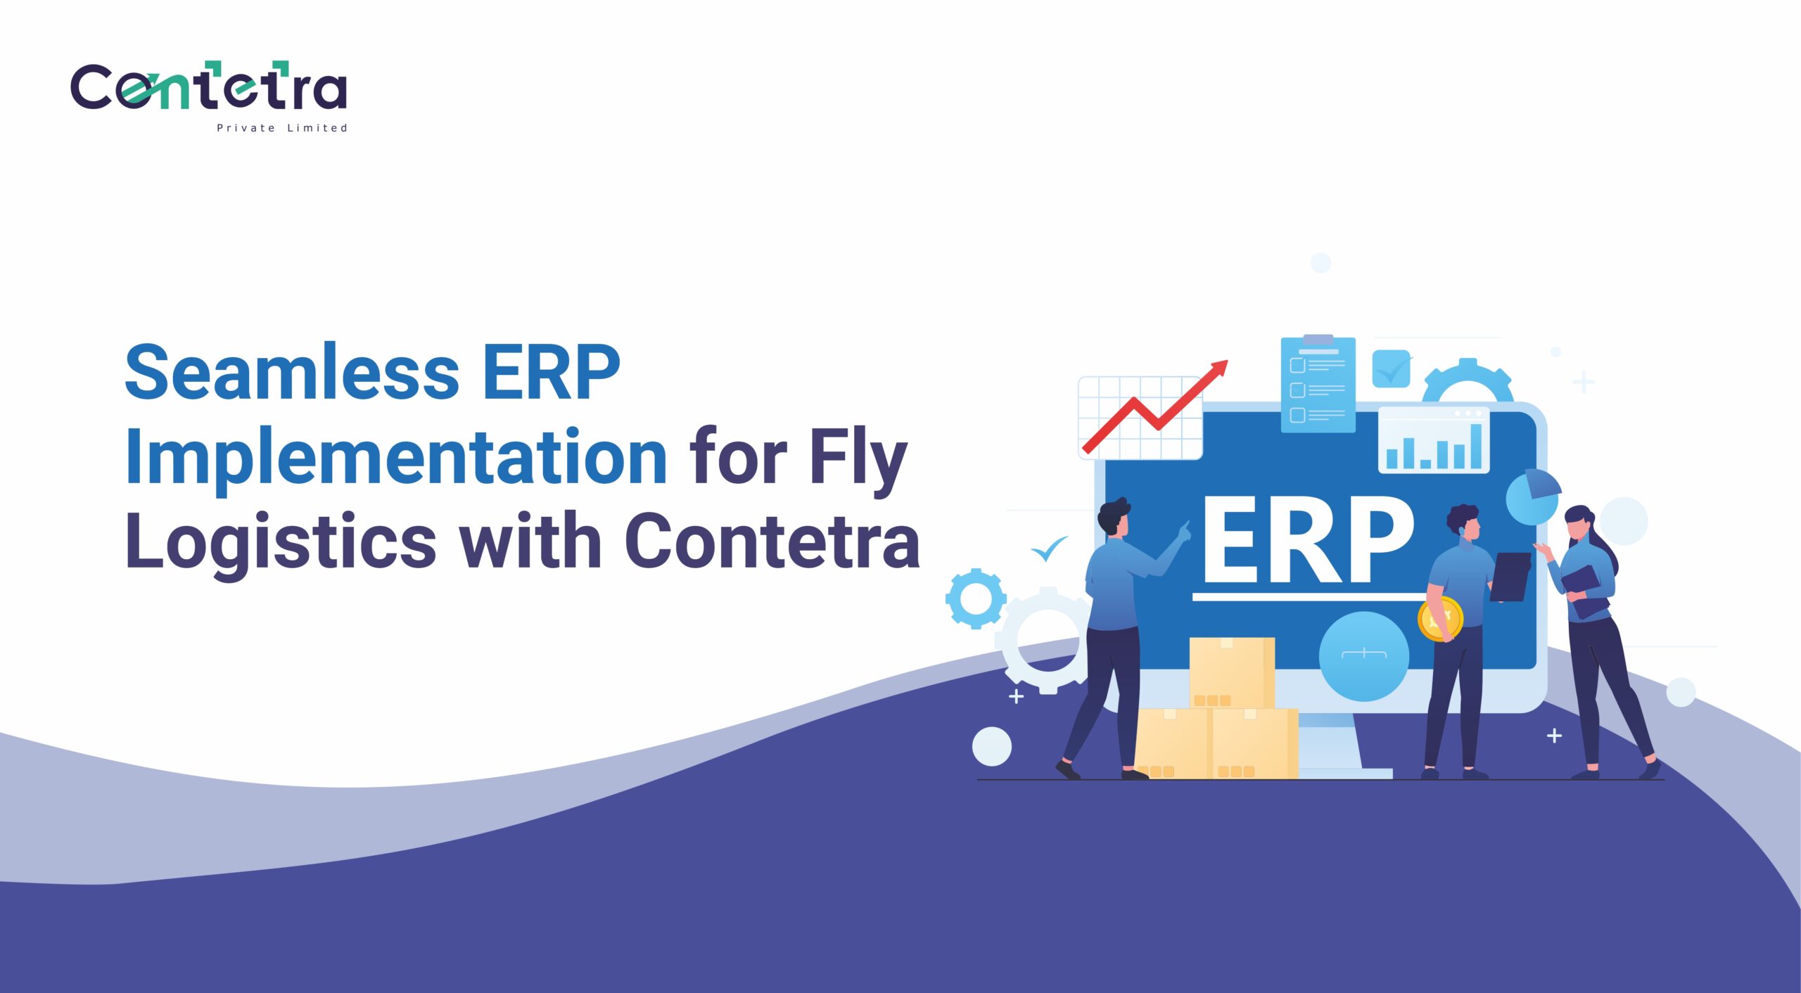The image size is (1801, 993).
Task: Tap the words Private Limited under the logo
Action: pos(282,128)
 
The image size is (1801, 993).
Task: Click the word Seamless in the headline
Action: pos(292,373)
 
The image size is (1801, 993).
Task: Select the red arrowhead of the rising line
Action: pos(1219,369)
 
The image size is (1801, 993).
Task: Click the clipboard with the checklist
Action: pos(1318,384)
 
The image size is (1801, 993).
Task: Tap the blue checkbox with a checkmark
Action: pos(1392,369)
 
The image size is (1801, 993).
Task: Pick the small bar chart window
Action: pos(1434,440)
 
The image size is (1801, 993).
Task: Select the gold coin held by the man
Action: pos(1440,619)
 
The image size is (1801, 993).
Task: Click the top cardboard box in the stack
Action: pos(1232,673)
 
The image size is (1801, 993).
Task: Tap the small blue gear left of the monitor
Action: pos(975,598)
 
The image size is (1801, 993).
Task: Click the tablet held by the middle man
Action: pos(1510,577)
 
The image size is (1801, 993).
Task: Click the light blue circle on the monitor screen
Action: pos(1363,656)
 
